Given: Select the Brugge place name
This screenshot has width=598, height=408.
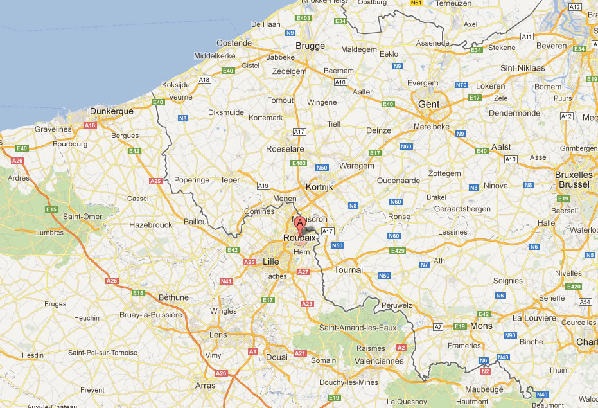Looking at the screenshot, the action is click(x=310, y=46).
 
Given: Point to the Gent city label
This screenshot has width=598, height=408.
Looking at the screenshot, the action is click(x=428, y=104).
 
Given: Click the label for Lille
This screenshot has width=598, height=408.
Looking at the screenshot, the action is click(x=271, y=262).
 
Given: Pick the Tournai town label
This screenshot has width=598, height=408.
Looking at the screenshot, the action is click(x=348, y=270).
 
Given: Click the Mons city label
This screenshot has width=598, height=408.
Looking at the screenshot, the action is click(x=481, y=326).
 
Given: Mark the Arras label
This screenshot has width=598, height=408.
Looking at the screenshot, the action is click(x=206, y=386).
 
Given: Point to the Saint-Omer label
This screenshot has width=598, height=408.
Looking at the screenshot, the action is click(x=83, y=217).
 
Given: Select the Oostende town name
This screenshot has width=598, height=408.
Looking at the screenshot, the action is click(x=234, y=42).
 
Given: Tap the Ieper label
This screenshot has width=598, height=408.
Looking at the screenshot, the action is click(x=231, y=181).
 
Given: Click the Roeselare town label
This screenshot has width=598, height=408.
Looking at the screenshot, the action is click(x=285, y=149).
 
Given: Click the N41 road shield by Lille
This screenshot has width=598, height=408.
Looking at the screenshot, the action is click(x=225, y=281).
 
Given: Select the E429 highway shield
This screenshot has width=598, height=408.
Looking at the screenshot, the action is click(x=398, y=250).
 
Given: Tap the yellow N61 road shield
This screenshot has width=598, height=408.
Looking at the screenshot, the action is click(x=417, y=3).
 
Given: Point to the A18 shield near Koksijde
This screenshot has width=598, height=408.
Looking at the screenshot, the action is click(x=204, y=80).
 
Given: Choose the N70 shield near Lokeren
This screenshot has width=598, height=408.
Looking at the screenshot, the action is click(x=461, y=85).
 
